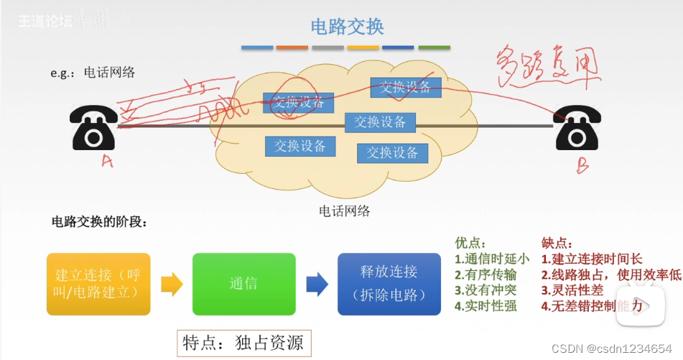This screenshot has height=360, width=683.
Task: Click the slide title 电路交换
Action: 347,27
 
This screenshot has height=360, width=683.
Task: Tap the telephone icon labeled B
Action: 577,130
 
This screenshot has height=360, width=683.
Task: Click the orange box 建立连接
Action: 98,284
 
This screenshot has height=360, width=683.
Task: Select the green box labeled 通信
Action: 243,284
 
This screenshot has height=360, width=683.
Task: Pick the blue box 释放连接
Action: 389,284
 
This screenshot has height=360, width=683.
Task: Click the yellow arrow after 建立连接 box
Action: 171,284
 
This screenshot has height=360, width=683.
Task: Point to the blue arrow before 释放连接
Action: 317,284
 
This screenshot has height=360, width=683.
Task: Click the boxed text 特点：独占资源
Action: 244,343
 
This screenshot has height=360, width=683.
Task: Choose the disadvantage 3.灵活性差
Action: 572,290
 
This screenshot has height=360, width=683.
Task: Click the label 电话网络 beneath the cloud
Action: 345,211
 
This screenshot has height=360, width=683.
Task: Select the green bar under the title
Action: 434,47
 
